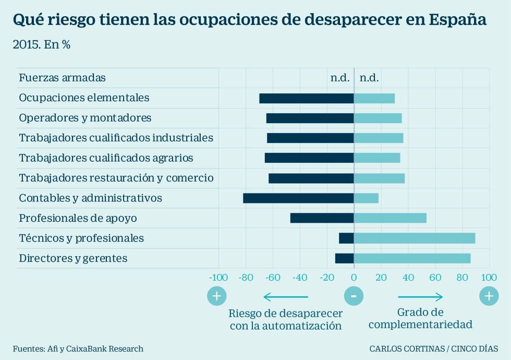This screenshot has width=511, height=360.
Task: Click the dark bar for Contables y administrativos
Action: pyautogui.click(x=298, y=198)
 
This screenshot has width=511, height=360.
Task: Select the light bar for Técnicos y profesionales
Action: pyautogui.click(x=415, y=238)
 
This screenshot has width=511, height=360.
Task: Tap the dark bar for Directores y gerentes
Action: pyautogui.click(x=344, y=258)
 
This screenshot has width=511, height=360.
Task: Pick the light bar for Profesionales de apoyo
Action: pyautogui.click(x=390, y=218)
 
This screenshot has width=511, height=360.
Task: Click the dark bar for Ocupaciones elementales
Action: pyautogui.click(x=307, y=98)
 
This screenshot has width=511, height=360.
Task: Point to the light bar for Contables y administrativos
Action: pyautogui.click(x=366, y=198)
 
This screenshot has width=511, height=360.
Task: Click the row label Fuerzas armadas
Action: pyautogui.click(x=62, y=78)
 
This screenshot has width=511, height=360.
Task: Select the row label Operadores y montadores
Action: pyautogui.click(x=85, y=118)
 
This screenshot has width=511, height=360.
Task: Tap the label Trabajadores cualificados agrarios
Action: pyautogui.click(x=106, y=158)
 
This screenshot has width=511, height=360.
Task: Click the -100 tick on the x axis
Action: pyautogui.click(x=218, y=277)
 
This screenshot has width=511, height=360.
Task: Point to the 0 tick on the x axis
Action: pyautogui.click(x=354, y=277)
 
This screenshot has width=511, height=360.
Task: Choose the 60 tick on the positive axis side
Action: pyautogui.click(x=435, y=277)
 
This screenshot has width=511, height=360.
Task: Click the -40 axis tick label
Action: pyautogui.click(x=299, y=277)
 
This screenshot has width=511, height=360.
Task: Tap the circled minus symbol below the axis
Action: pyautogui.click(x=354, y=296)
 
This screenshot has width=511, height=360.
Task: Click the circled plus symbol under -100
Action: pyautogui.click(x=217, y=296)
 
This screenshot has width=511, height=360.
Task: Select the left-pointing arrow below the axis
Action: pyautogui.click(x=286, y=297)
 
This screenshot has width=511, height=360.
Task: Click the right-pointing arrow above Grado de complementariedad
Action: pyautogui.click(x=420, y=297)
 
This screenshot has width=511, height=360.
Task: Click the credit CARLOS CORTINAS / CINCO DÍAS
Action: pyautogui.click(x=433, y=349)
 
